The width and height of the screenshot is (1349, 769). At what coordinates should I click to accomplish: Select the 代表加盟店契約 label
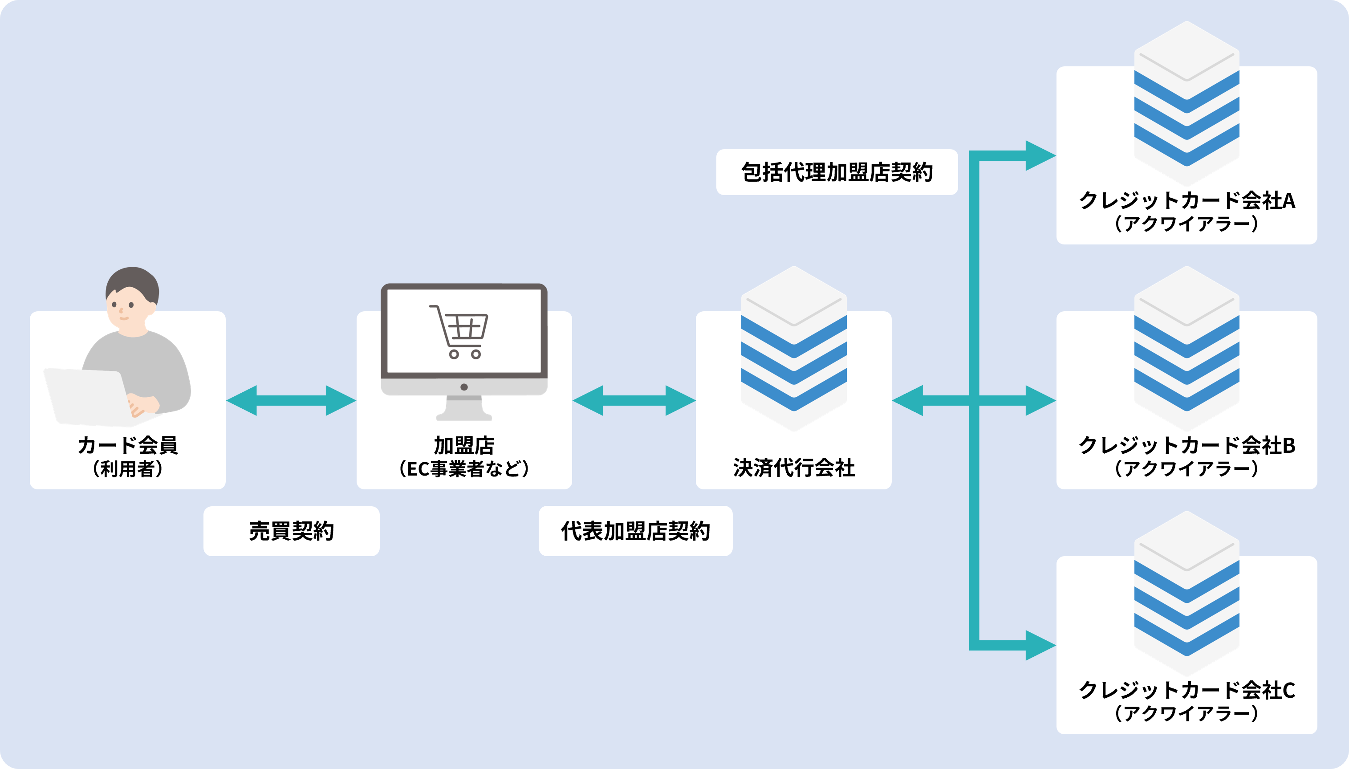635,531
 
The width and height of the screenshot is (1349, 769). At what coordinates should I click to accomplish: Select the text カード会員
128,445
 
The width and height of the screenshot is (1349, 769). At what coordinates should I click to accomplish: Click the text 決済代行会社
793,468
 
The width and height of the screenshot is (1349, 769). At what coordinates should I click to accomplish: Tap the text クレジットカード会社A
1186,201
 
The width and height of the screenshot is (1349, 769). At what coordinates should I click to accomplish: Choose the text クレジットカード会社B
1186,445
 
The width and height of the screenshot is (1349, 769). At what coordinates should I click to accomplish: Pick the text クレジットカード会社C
1186,690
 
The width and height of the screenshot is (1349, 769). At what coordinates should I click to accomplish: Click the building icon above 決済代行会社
793,349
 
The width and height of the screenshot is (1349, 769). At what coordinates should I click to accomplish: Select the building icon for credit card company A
1186,103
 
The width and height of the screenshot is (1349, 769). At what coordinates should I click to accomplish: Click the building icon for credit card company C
1186,593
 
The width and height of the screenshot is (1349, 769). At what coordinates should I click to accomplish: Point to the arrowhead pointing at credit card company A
1039,156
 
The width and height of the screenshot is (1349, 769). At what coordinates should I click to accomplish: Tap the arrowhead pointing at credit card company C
1039,645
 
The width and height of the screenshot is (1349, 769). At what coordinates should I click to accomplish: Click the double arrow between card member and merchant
291,400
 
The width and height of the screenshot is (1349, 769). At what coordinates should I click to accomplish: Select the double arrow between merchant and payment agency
634,400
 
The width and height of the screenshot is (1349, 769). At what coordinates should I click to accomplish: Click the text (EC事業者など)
464,468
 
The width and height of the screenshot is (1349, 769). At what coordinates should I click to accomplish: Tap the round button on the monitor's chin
464,387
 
